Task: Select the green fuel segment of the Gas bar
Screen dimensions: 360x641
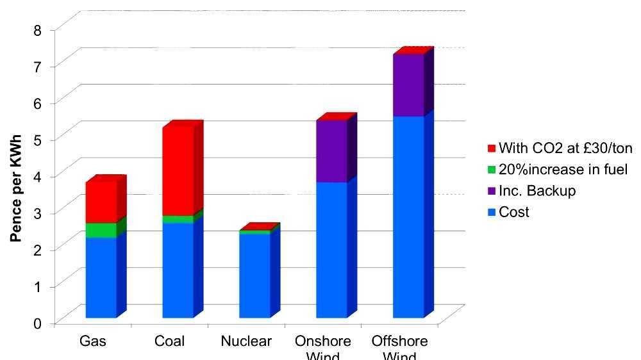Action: (101, 230)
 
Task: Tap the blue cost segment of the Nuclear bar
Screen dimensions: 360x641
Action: (254, 275)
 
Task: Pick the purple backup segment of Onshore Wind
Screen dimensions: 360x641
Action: (331, 151)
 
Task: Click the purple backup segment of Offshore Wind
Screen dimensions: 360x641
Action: (408, 85)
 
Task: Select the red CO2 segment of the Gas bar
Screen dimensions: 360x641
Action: (101, 202)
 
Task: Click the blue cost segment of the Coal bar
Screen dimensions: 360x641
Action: (178, 270)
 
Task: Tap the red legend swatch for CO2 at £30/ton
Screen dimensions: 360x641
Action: (492, 149)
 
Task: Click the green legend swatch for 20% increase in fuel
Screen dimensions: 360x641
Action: (492, 170)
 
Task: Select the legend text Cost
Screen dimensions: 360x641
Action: (514, 212)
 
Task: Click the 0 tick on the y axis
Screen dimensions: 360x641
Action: (37, 323)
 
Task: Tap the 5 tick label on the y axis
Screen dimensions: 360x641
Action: (37, 139)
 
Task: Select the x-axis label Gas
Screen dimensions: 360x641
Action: (93, 341)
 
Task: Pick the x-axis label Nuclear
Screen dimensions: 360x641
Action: (246, 341)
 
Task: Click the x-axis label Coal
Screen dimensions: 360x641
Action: (169, 341)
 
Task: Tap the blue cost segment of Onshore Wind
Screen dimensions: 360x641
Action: (331, 250)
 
